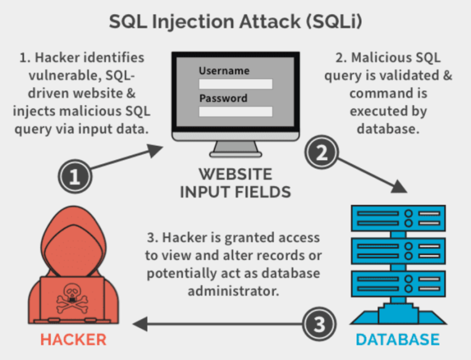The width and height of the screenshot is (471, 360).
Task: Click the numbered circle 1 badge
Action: [x=75, y=177]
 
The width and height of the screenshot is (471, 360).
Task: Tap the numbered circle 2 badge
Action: [x=322, y=152]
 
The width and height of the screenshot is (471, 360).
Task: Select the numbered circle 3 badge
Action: [x=319, y=324]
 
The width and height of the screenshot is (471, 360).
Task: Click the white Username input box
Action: [x=235, y=84]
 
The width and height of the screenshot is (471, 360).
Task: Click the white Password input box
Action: [x=235, y=112]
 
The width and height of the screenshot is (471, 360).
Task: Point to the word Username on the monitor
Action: [x=224, y=71]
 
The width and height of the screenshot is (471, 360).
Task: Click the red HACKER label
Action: [x=74, y=340]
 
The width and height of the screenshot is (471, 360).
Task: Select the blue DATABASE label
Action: [x=397, y=340]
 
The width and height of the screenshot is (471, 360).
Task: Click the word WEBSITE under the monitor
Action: [x=235, y=174]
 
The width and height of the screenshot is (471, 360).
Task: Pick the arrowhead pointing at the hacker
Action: [x=140, y=324]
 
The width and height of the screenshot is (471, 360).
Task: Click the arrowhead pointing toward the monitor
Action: [x=155, y=150]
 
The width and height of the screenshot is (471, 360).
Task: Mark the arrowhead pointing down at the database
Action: [x=399, y=186]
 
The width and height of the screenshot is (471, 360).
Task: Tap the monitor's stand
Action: [x=235, y=149]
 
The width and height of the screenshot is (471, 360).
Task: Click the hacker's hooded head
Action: [x=73, y=241]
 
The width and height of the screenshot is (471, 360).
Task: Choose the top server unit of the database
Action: [x=398, y=218]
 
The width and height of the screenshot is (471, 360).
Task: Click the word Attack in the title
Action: [x=270, y=21]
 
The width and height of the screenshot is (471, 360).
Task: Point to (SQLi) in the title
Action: [x=334, y=21]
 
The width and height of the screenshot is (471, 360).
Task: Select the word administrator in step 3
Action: [x=234, y=291]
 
